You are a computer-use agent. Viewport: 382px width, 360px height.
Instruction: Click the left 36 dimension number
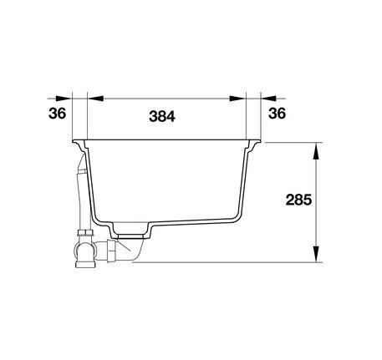(x=58, y=114)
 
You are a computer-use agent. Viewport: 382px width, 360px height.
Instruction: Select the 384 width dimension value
(x=162, y=116)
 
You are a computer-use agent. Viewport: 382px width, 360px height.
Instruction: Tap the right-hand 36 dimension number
(x=278, y=114)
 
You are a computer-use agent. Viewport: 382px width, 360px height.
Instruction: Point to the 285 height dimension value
(x=298, y=200)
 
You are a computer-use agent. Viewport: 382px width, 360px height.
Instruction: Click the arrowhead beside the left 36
(x=64, y=99)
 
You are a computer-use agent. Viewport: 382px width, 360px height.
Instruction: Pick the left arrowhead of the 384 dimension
(x=95, y=99)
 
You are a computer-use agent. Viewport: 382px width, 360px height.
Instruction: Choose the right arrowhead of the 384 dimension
(x=237, y=99)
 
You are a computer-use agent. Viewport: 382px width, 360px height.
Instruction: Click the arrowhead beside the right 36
(x=268, y=99)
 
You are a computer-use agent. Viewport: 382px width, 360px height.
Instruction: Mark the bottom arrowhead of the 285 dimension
(x=316, y=254)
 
